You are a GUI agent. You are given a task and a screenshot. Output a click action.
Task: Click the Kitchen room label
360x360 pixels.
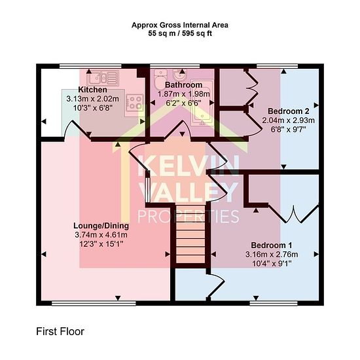coord(92,90)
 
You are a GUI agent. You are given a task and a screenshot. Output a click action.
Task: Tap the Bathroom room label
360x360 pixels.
coord(183,84)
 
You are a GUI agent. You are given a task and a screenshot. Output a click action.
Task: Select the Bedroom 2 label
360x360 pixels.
coord(289,111)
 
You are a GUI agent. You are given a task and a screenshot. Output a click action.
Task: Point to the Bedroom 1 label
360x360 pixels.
coord(272,245)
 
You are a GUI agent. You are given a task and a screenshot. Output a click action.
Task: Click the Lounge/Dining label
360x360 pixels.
coord(101,226)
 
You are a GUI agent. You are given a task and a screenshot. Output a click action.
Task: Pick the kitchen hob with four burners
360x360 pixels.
coord(135,103)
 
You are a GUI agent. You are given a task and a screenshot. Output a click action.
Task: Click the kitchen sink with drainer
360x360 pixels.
coord(103,78)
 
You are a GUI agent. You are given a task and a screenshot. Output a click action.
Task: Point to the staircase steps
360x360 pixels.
coord(190,234)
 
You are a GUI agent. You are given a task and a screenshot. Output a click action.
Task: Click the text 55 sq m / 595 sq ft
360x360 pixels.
coord(180,33)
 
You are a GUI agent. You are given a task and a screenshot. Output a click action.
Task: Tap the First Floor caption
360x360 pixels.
coord(60,332)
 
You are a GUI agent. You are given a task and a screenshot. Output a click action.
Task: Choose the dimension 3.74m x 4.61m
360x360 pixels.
coord(101,235)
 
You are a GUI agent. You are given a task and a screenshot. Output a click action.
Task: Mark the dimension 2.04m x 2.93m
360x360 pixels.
coord(289,120)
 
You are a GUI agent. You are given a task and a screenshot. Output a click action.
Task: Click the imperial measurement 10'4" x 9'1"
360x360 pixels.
coord(272,264)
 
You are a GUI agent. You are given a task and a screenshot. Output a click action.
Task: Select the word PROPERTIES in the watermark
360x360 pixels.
coord(189,217)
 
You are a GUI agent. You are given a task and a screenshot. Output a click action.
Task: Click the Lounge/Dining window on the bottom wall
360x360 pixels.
coord(94,303)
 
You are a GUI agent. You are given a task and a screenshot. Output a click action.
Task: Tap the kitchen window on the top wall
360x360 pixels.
coord(90,66)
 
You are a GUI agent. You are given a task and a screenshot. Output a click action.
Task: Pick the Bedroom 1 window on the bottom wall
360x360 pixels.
coord(274,303)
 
